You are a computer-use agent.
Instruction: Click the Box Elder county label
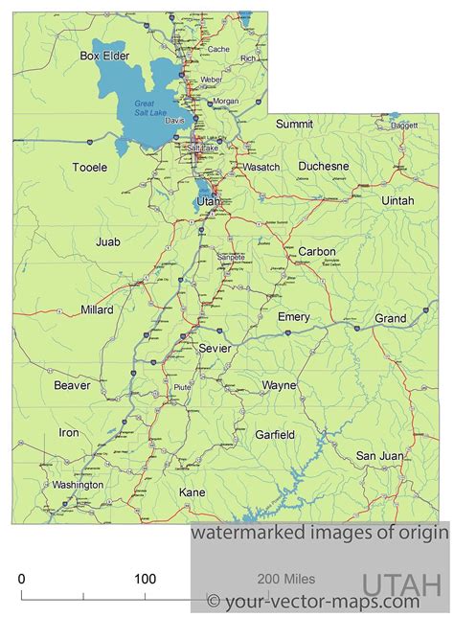pyautogui.click(x=104, y=56)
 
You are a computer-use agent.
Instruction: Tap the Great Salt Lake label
pyautogui.click(x=150, y=109)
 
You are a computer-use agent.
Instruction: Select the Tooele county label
pyautogui.click(x=90, y=167)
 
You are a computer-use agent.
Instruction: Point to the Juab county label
pyautogui.click(x=108, y=242)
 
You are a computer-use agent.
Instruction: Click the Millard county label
pyautogui.click(x=97, y=309)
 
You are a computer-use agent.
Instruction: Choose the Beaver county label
pyautogui.click(x=72, y=385)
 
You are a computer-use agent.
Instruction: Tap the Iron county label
pyautogui.click(x=69, y=432)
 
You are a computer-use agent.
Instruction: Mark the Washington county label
pyautogui.click(x=78, y=485)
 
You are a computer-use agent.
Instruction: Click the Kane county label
pyautogui.click(x=193, y=491)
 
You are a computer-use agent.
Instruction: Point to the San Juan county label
pyautogui.click(x=379, y=455)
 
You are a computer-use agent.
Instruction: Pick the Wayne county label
pyautogui.click(x=279, y=385)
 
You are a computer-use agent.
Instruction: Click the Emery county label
pyautogui.click(x=293, y=316)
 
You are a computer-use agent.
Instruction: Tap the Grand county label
pyautogui.click(x=390, y=317)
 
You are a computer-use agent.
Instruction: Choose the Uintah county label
pyautogui.click(x=397, y=200)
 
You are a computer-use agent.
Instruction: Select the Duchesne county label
pyautogui.click(x=323, y=166)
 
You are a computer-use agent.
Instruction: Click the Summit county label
pyautogui.click(x=294, y=124)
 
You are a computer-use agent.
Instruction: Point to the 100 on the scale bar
pyautogui.click(x=145, y=579)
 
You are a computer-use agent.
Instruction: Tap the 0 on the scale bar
pyautogui.click(x=22, y=579)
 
